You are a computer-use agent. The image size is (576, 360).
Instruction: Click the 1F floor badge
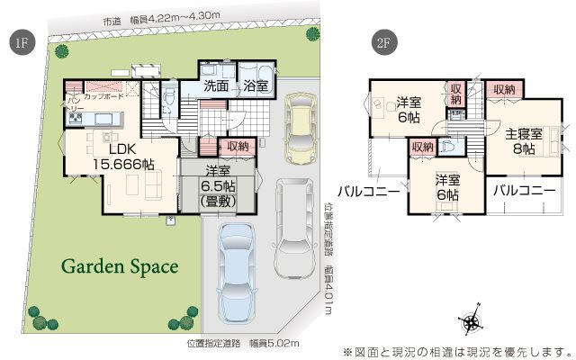click(x=19, y=43)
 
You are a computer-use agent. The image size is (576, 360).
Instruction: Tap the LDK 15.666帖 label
click(x=118, y=157)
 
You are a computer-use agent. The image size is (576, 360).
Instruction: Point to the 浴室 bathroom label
click(x=256, y=87)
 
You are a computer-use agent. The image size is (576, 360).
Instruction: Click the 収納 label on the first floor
click(x=238, y=146)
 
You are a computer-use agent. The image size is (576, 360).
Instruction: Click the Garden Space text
click(x=120, y=266)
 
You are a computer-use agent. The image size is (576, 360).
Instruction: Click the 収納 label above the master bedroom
click(x=504, y=89)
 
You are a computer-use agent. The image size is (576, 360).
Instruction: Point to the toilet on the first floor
click(x=170, y=99)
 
